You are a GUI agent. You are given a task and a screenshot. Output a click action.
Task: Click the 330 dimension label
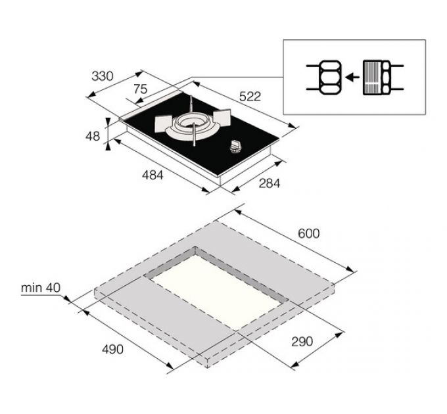103,76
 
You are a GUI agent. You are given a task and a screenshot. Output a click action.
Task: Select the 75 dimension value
140,89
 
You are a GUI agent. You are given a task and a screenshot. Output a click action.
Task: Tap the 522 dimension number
250,97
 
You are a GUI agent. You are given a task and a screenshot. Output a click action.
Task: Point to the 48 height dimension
93,136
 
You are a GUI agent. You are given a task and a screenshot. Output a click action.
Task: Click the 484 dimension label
153,175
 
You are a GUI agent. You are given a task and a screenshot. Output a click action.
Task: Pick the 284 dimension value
270,183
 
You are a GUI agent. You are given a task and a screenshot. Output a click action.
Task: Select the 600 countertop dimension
309,234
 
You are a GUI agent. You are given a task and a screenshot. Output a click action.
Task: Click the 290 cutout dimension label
302,341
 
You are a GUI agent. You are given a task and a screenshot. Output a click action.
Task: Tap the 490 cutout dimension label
112,349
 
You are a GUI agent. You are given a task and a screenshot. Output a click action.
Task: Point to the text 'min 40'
41,288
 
